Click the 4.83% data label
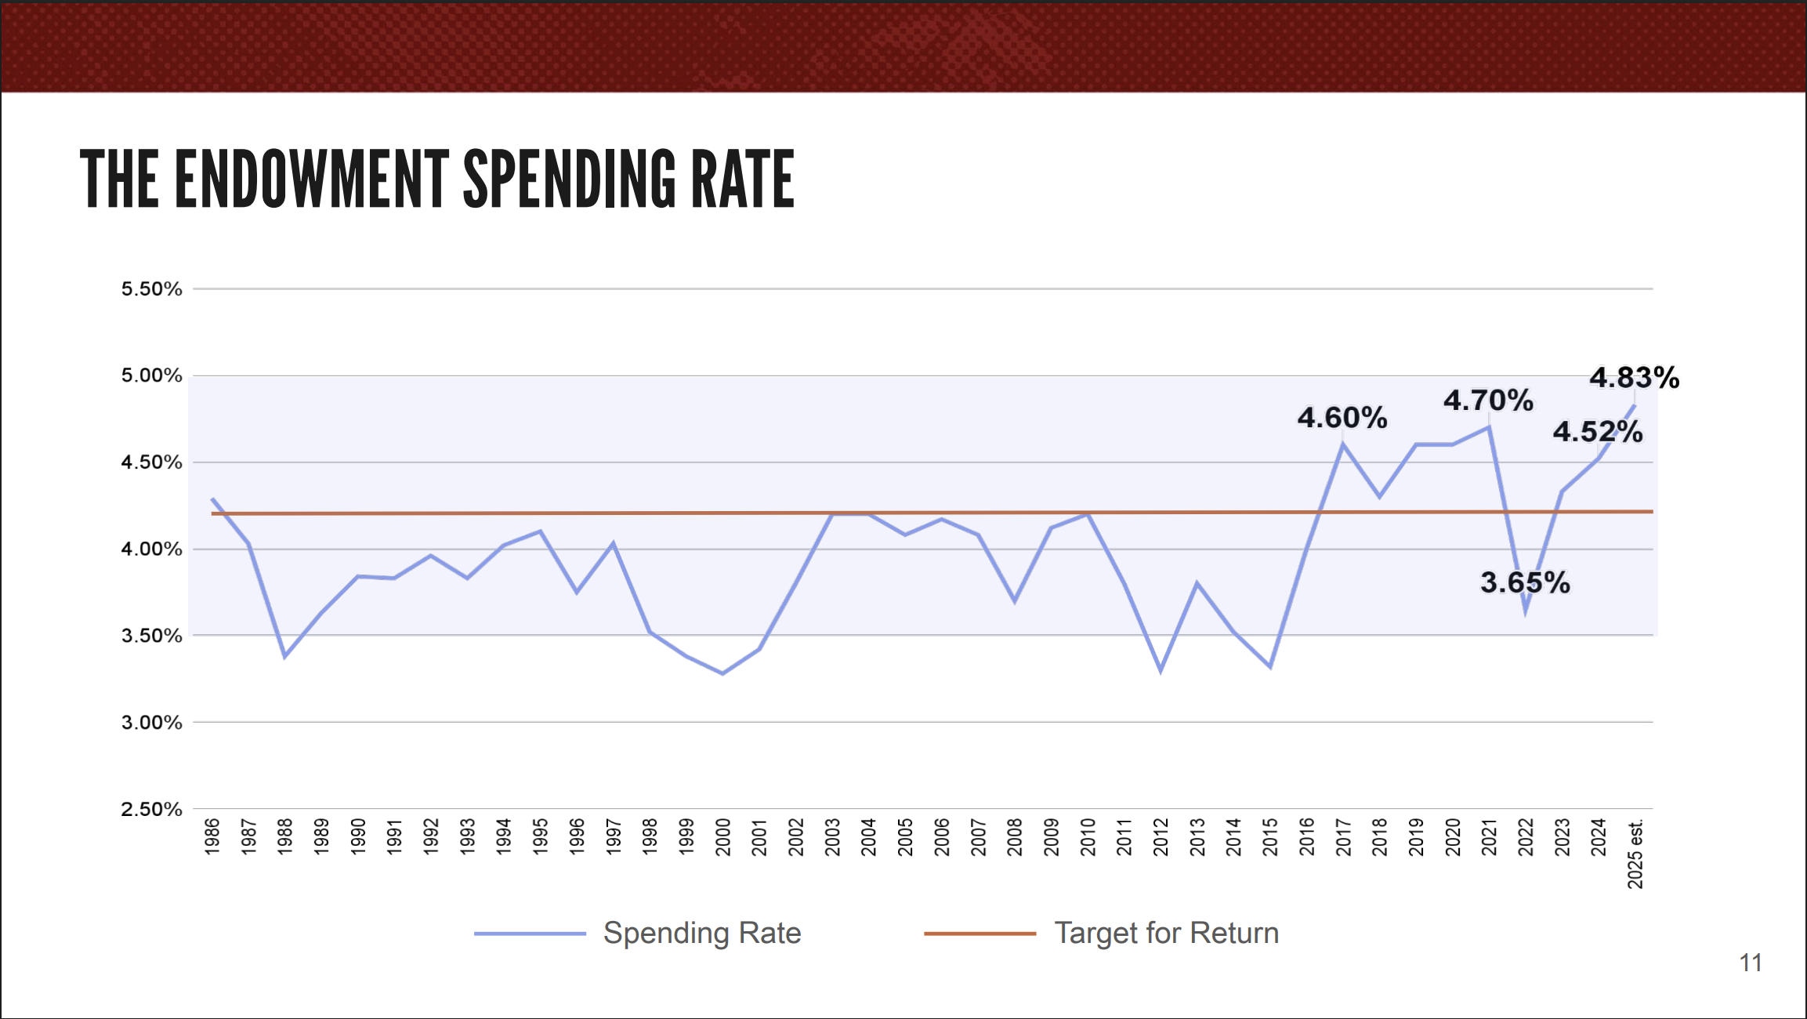click(x=1634, y=378)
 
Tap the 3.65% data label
click(x=1525, y=582)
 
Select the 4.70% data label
click(x=1488, y=401)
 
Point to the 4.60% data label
click(x=1342, y=418)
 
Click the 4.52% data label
click(x=1598, y=432)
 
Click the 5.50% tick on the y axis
click(x=151, y=289)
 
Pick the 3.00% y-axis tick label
click(x=151, y=723)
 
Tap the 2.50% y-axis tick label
click(x=151, y=809)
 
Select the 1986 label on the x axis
click(x=212, y=836)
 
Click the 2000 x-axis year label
click(x=723, y=836)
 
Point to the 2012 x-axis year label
click(x=1161, y=836)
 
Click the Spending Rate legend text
click(x=702, y=933)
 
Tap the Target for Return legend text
click(x=1166, y=933)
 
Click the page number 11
click(x=1751, y=963)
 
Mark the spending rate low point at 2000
click(x=722, y=673)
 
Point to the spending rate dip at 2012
click(x=1161, y=670)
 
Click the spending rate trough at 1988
click(x=284, y=656)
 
